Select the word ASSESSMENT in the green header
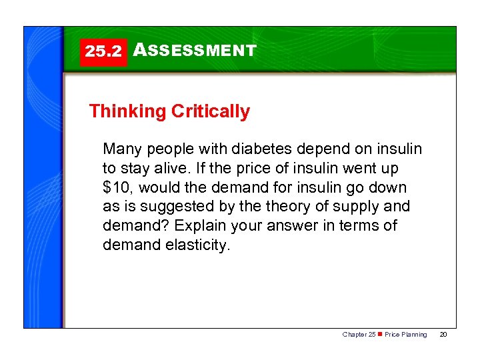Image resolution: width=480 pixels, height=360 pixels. pyautogui.click(x=195, y=51)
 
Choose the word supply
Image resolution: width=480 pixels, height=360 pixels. pyautogui.click(x=355, y=207)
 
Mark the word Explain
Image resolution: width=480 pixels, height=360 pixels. pyautogui.click(x=195, y=226)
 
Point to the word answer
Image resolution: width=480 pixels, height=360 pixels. pyautogui.click(x=289, y=226)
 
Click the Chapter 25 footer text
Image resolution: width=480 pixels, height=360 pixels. pyautogui.click(x=359, y=335)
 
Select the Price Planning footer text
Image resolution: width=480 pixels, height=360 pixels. pyautogui.click(x=406, y=335)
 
